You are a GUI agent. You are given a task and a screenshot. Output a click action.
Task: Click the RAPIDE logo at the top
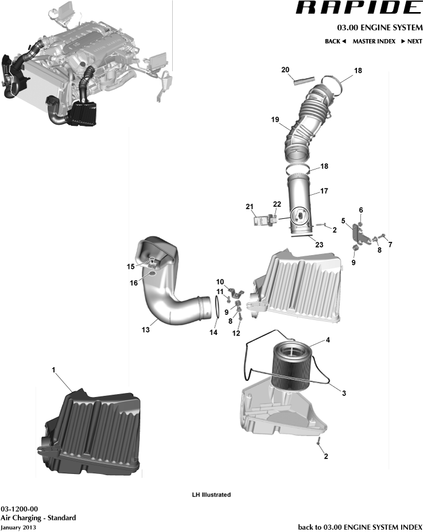coord(359,8)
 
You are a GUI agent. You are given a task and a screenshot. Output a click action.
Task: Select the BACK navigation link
coord(335,41)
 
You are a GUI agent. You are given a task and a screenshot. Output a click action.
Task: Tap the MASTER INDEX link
coord(374,41)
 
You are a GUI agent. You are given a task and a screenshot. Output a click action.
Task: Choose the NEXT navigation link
coord(412,41)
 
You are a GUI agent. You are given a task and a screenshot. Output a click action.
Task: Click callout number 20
coord(285,70)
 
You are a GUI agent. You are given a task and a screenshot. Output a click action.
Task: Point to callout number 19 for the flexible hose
coord(275,119)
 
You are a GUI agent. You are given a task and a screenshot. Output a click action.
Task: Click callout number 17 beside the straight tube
coord(324,191)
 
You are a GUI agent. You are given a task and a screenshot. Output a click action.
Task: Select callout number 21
coord(249,206)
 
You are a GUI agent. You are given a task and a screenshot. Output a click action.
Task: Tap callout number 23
coord(319,244)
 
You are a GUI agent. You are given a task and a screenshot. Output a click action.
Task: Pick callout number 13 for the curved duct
coord(146,330)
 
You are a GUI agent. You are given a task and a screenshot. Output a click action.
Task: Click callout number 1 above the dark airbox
coord(53,371)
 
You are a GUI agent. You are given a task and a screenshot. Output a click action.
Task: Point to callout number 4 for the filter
coord(327,340)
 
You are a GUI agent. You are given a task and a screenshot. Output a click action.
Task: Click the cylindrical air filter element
coord(292,365)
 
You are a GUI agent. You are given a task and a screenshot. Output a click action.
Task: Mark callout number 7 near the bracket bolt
coord(390,244)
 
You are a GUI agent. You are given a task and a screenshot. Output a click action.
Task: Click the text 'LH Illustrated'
coord(211,495)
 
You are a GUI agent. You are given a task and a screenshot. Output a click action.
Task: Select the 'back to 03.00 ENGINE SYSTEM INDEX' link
coord(360,527)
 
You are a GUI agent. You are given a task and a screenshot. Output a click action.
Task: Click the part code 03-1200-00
coord(20,509)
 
